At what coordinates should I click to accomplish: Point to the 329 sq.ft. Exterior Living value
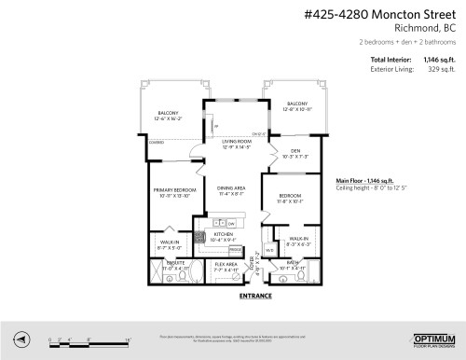click(x=444, y=69)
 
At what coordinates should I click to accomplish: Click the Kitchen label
click(x=223, y=237)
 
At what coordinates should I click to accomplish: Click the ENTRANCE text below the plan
click(x=255, y=296)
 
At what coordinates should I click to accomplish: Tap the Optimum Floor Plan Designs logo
click(x=432, y=339)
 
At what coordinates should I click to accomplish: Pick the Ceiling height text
click(x=368, y=188)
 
